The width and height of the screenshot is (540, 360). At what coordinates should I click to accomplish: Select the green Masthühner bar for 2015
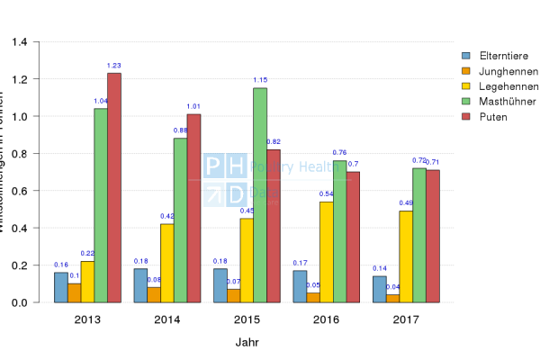(260, 194)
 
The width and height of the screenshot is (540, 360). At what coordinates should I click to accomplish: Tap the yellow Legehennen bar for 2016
(327, 252)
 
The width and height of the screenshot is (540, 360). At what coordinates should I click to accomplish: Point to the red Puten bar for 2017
(433, 236)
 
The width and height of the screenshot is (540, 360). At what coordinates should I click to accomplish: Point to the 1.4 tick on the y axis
(20, 41)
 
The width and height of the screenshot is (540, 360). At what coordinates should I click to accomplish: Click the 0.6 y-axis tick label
(20, 191)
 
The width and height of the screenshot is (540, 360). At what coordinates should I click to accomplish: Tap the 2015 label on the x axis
(247, 320)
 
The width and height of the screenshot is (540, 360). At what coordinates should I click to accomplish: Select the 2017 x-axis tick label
(406, 320)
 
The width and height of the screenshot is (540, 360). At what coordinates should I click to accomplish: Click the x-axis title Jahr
(247, 342)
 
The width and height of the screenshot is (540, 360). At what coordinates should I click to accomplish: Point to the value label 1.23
(114, 65)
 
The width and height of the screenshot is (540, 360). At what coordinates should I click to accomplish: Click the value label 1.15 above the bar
(260, 80)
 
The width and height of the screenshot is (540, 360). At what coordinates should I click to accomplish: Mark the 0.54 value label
(327, 193)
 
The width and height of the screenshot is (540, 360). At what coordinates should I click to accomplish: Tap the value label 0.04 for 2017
(393, 287)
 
